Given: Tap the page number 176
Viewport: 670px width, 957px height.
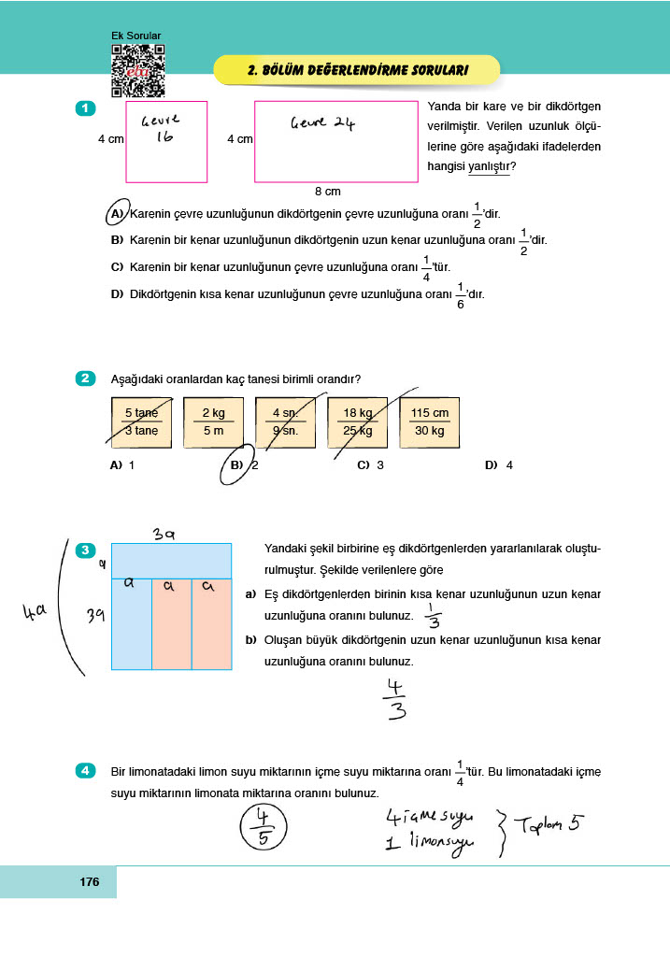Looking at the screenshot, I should (90, 882).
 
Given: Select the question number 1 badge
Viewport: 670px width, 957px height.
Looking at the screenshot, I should (85, 108).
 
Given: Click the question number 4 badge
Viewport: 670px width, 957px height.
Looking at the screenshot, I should (85, 771).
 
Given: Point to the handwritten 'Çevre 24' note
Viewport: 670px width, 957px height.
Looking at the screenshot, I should (322, 122).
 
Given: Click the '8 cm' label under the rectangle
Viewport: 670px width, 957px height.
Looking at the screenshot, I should (327, 192).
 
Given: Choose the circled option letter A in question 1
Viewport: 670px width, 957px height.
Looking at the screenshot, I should (118, 213).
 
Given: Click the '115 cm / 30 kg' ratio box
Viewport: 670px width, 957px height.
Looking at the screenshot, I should (429, 421).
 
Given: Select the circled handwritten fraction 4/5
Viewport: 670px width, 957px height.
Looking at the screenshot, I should (263, 826).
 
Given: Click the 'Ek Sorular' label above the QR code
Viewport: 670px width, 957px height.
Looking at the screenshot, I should (135, 36).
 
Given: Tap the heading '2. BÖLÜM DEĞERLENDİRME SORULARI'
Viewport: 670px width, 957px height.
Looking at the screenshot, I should (358, 70).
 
